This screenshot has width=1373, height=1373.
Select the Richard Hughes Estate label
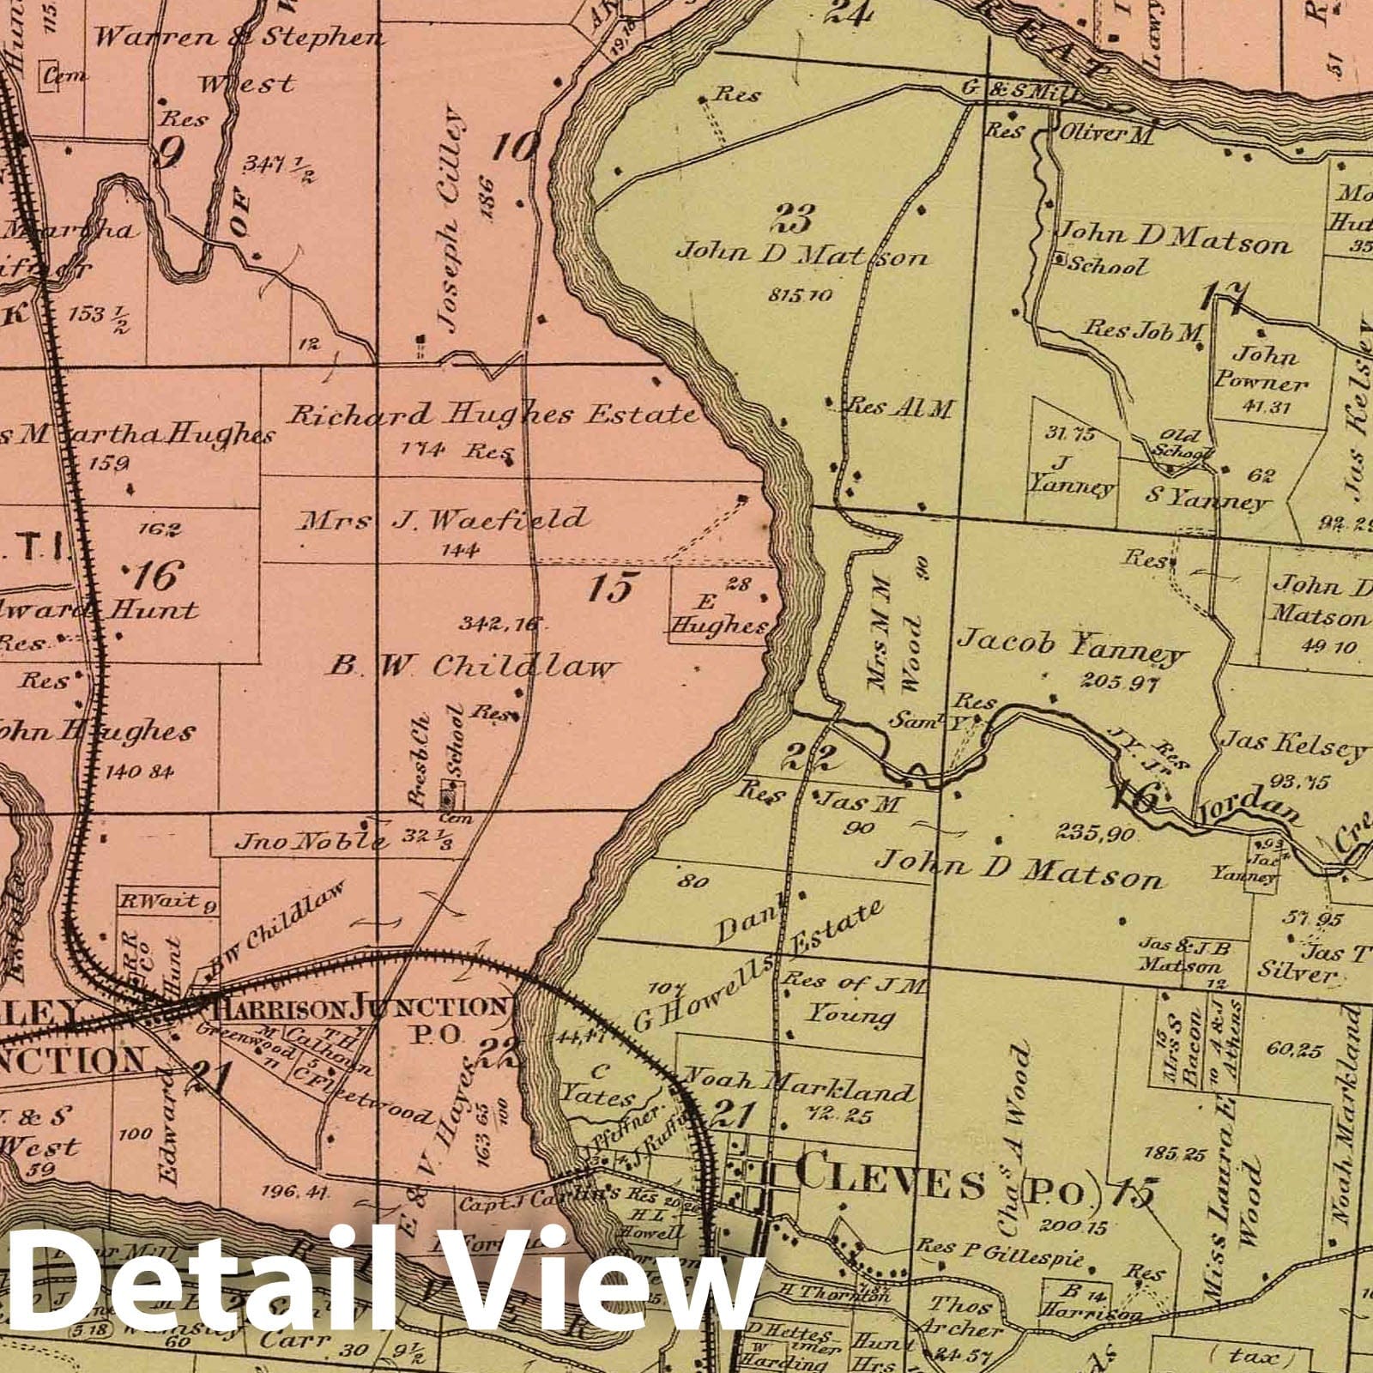coord(491,415)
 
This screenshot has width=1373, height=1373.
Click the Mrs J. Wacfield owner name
coord(443,519)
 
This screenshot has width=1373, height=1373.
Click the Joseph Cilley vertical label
coord(451,219)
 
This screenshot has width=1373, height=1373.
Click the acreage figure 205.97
coord(1120,684)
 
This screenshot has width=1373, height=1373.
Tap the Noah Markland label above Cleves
coord(798,1090)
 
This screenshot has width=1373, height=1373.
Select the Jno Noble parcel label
coord(310,840)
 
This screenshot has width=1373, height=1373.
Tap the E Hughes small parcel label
coord(719,614)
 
